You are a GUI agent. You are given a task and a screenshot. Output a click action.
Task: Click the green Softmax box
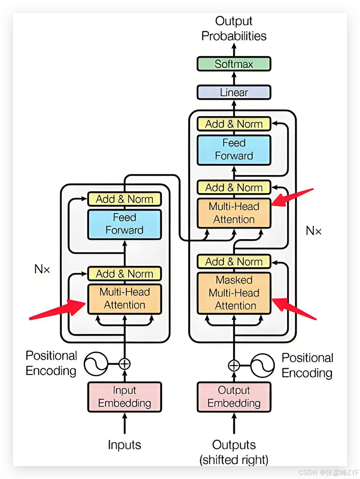234,64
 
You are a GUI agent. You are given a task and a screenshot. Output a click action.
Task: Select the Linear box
234,92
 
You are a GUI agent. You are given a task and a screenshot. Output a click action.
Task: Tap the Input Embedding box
124,397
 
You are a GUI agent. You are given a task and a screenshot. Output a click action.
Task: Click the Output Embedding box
234,397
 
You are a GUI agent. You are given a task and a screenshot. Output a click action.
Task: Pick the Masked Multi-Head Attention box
234,293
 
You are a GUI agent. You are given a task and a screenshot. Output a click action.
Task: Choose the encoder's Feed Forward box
124,224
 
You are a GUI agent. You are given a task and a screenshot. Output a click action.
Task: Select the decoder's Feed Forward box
234,150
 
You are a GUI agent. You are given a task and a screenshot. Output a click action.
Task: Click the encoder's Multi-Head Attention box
124,299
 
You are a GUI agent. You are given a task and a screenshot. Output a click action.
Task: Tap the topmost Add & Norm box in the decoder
234,124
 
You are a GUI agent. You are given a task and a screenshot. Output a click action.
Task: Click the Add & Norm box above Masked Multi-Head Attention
234,262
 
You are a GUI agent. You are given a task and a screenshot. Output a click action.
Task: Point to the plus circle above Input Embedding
124,364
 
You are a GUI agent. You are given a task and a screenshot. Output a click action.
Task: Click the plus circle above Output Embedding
234,365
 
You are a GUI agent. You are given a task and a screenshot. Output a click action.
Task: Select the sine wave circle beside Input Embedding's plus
96,364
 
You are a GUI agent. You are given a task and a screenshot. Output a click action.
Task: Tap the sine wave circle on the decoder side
262,365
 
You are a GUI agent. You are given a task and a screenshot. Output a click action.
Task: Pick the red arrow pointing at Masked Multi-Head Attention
293,308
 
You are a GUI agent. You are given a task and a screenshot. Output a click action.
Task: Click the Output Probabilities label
234,28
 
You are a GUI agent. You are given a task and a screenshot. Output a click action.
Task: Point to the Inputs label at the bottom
124,445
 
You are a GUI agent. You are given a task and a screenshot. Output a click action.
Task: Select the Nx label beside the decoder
313,231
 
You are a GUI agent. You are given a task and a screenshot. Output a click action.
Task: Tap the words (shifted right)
234,460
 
